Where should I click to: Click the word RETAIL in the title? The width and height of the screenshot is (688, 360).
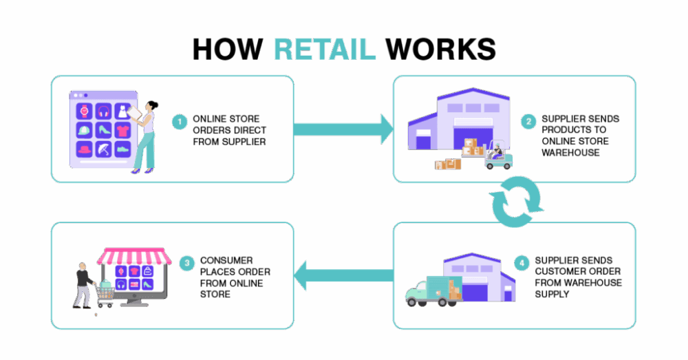point(325,49)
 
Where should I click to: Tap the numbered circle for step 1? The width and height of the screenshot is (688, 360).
point(180,122)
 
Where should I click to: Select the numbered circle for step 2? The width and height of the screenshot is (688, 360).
point(528,121)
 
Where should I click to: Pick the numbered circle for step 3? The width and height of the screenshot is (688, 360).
point(187,263)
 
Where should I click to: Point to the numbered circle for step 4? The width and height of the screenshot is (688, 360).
point(522,263)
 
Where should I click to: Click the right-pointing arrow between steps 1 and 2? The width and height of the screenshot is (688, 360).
point(343,129)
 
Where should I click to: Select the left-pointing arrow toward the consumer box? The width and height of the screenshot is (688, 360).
point(343,275)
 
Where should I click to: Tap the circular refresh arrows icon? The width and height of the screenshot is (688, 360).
point(517,202)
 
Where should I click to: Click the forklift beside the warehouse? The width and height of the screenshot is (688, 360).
point(498,155)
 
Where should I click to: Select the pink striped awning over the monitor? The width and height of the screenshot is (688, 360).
point(134,256)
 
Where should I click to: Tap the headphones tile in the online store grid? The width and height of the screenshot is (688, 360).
point(104,111)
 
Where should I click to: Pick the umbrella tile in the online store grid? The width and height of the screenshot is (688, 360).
point(104,149)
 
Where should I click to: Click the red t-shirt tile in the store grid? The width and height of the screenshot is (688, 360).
point(123,130)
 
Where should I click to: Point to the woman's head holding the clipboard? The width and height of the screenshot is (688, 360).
point(152,106)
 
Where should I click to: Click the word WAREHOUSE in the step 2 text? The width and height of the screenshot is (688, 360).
point(570,152)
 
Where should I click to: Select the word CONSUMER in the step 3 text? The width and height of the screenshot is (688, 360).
point(226,260)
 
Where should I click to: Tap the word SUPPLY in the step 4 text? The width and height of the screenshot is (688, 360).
point(552,294)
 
